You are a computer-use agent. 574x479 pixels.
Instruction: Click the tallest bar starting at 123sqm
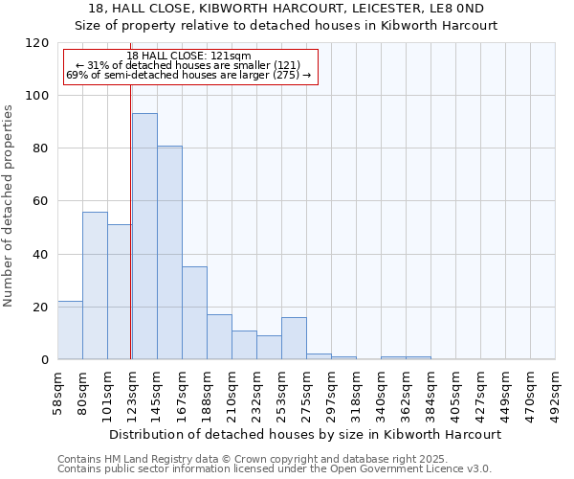tap(144, 237)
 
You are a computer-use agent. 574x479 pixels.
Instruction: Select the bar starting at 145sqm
tap(169, 253)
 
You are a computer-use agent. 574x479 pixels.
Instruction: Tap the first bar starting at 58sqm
tap(70, 331)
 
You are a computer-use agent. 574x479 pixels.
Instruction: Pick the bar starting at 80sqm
tap(95, 285)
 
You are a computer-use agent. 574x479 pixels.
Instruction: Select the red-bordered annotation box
tap(189, 65)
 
